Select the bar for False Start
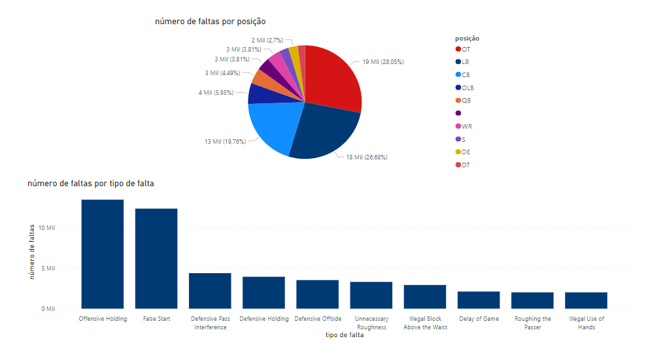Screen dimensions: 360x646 tap(156, 258)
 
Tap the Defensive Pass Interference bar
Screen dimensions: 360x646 tap(210, 291)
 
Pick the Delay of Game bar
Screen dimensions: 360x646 tap(479, 300)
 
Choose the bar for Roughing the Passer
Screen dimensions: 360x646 tap(532, 301)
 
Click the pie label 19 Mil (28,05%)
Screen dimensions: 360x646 tap(383, 62)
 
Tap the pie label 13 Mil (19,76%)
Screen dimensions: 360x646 tap(225, 141)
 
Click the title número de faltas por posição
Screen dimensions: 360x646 tap(210, 22)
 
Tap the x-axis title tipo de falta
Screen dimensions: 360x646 tap(344, 335)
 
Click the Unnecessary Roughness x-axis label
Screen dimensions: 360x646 tap(371, 323)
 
